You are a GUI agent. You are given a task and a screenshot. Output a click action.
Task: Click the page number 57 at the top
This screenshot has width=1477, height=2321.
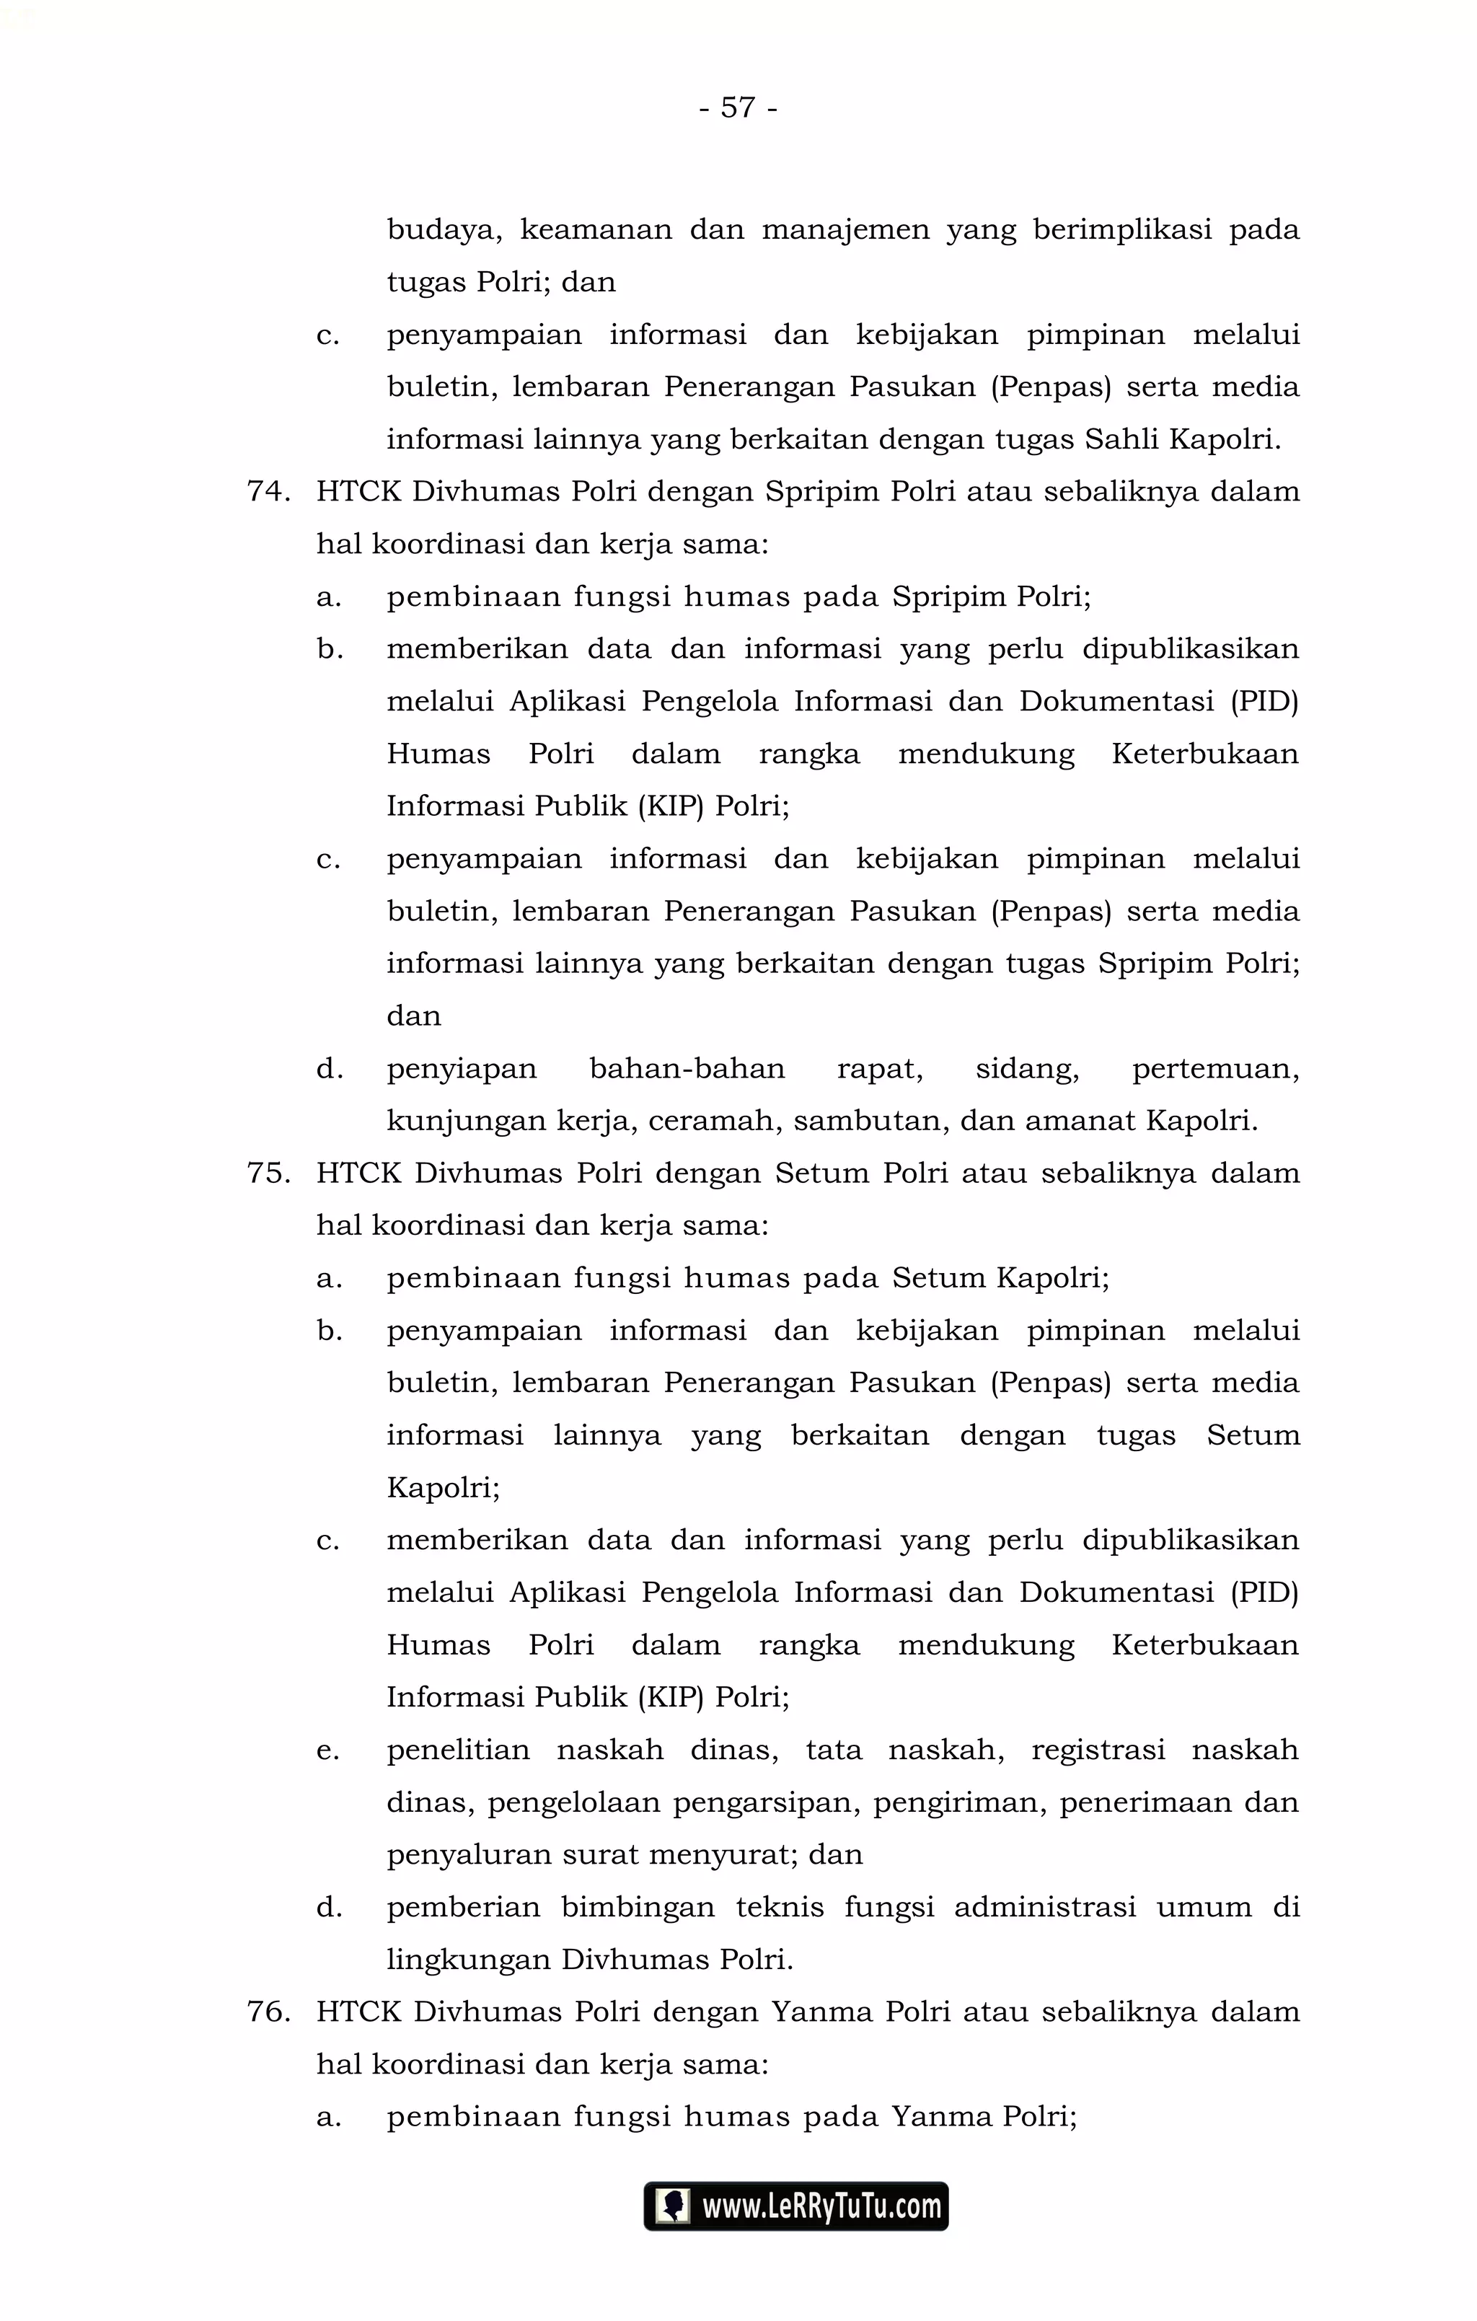click(x=738, y=107)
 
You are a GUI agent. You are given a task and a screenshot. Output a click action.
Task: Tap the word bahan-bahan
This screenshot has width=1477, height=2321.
click(x=687, y=1069)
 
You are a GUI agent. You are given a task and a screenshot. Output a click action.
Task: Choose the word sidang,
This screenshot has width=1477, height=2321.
click(x=1027, y=1069)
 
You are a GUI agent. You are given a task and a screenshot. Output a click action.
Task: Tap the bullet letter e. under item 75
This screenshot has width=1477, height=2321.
click(x=329, y=1750)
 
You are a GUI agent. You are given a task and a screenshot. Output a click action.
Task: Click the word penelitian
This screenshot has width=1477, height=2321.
click(x=458, y=1750)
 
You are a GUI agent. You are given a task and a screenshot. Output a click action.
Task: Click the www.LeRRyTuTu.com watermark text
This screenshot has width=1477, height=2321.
click(x=821, y=2206)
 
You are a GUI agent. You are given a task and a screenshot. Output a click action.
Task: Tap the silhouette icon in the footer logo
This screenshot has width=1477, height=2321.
click(x=672, y=2206)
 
